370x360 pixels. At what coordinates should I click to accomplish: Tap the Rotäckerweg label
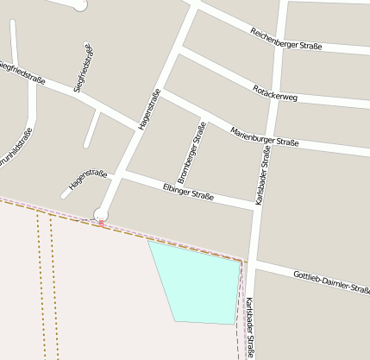pos(275,92)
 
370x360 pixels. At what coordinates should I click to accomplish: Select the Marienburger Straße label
pos(264,136)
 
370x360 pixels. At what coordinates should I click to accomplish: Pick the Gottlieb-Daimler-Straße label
pos(331,281)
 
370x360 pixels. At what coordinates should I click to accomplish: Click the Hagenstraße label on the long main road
pos(149,110)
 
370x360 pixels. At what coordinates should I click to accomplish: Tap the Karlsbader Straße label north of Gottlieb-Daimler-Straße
pos(264,174)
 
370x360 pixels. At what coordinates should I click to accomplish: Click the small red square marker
pos(101,223)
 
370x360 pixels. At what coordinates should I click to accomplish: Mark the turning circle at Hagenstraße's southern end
pos(101,213)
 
